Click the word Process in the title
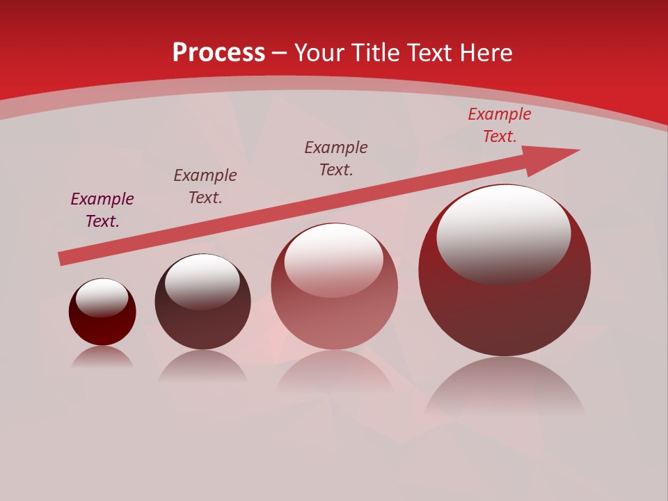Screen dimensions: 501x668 tap(218, 53)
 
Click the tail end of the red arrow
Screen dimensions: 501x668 tap(63, 258)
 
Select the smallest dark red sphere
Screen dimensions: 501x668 tap(102, 324)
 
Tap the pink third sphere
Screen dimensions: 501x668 tap(334, 313)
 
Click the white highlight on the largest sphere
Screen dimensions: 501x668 tap(504, 233)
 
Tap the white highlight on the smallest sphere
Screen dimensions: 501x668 tap(102, 297)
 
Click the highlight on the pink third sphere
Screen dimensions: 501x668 tap(334, 260)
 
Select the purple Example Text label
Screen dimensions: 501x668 tap(102, 209)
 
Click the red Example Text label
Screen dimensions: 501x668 tap(500, 125)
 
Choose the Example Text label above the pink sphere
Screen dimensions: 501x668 tap(336, 158)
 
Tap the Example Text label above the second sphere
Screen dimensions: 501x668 tap(205, 186)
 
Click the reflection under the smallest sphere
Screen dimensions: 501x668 tap(102, 358)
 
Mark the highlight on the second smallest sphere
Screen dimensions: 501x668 tap(202, 281)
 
